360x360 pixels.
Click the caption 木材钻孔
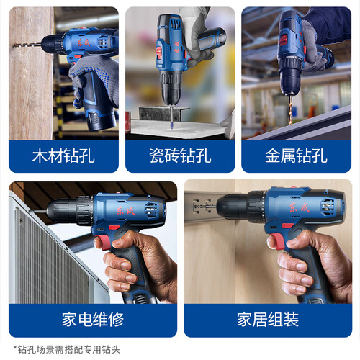click(63, 156)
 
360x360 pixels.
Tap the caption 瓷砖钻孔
click(180, 156)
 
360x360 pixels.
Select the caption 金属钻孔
click(296, 156)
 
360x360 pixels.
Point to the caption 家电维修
click(93, 320)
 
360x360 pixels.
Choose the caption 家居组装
click(268, 320)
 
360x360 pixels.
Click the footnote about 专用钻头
click(67, 349)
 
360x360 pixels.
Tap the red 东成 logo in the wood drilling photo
click(84, 42)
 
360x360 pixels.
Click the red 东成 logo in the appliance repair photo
click(125, 210)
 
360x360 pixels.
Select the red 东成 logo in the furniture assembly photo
click(300, 207)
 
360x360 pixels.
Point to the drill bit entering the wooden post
click(27, 45)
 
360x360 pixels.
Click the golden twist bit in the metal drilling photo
click(291, 109)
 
